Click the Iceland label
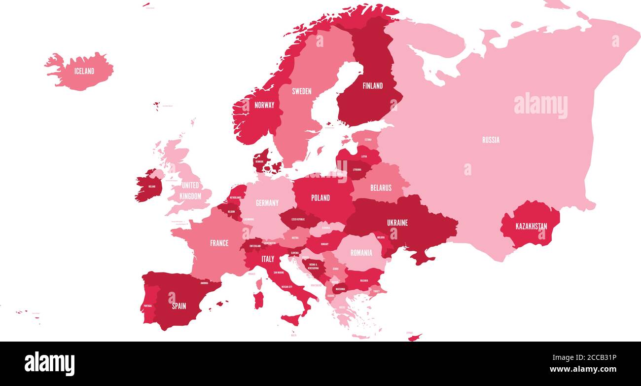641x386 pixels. pyautogui.click(x=84, y=71)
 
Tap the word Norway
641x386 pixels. pyautogui.click(x=264, y=105)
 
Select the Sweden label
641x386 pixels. pyautogui.click(x=301, y=91)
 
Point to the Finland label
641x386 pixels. pyautogui.click(x=373, y=86)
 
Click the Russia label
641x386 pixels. pyautogui.click(x=491, y=140)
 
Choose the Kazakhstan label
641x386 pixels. pyautogui.click(x=531, y=227)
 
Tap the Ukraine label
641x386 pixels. pyautogui.click(x=397, y=223)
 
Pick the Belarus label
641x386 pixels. pyautogui.click(x=381, y=188)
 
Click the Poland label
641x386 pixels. pyautogui.click(x=320, y=198)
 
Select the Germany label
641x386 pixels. pyautogui.click(x=267, y=203)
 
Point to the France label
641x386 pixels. pyautogui.click(x=219, y=243)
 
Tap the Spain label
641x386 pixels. pyautogui.click(x=179, y=306)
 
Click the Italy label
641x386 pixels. pyautogui.click(x=268, y=259)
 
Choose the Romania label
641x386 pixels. pyautogui.click(x=361, y=253)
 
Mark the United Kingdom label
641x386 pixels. pyautogui.click(x=190, y=191)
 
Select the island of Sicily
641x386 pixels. pyautogui.click(x=291, y=319)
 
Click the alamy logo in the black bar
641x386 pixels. pyautogui.click(x=49, y=363)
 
